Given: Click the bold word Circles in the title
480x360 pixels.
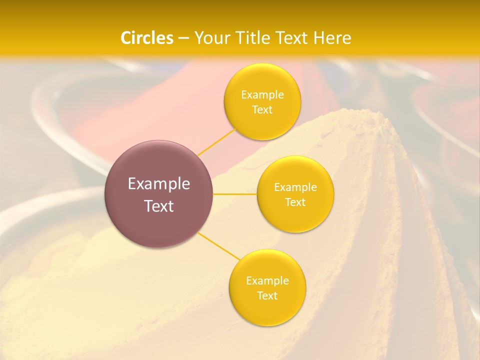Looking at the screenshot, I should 147,38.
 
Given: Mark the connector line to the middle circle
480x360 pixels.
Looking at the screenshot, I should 234,194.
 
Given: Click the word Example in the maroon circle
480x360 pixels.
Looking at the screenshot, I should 158,184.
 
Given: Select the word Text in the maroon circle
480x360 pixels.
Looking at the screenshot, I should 158,206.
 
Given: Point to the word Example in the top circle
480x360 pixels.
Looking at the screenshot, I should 262,94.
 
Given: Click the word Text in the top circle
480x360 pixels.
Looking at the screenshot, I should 262,109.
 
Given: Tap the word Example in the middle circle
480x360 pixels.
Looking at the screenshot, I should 295,187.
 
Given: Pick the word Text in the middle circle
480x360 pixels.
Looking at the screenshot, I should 295,202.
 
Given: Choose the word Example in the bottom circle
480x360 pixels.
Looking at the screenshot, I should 267,280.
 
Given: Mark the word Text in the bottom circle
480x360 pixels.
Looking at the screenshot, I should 267,295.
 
